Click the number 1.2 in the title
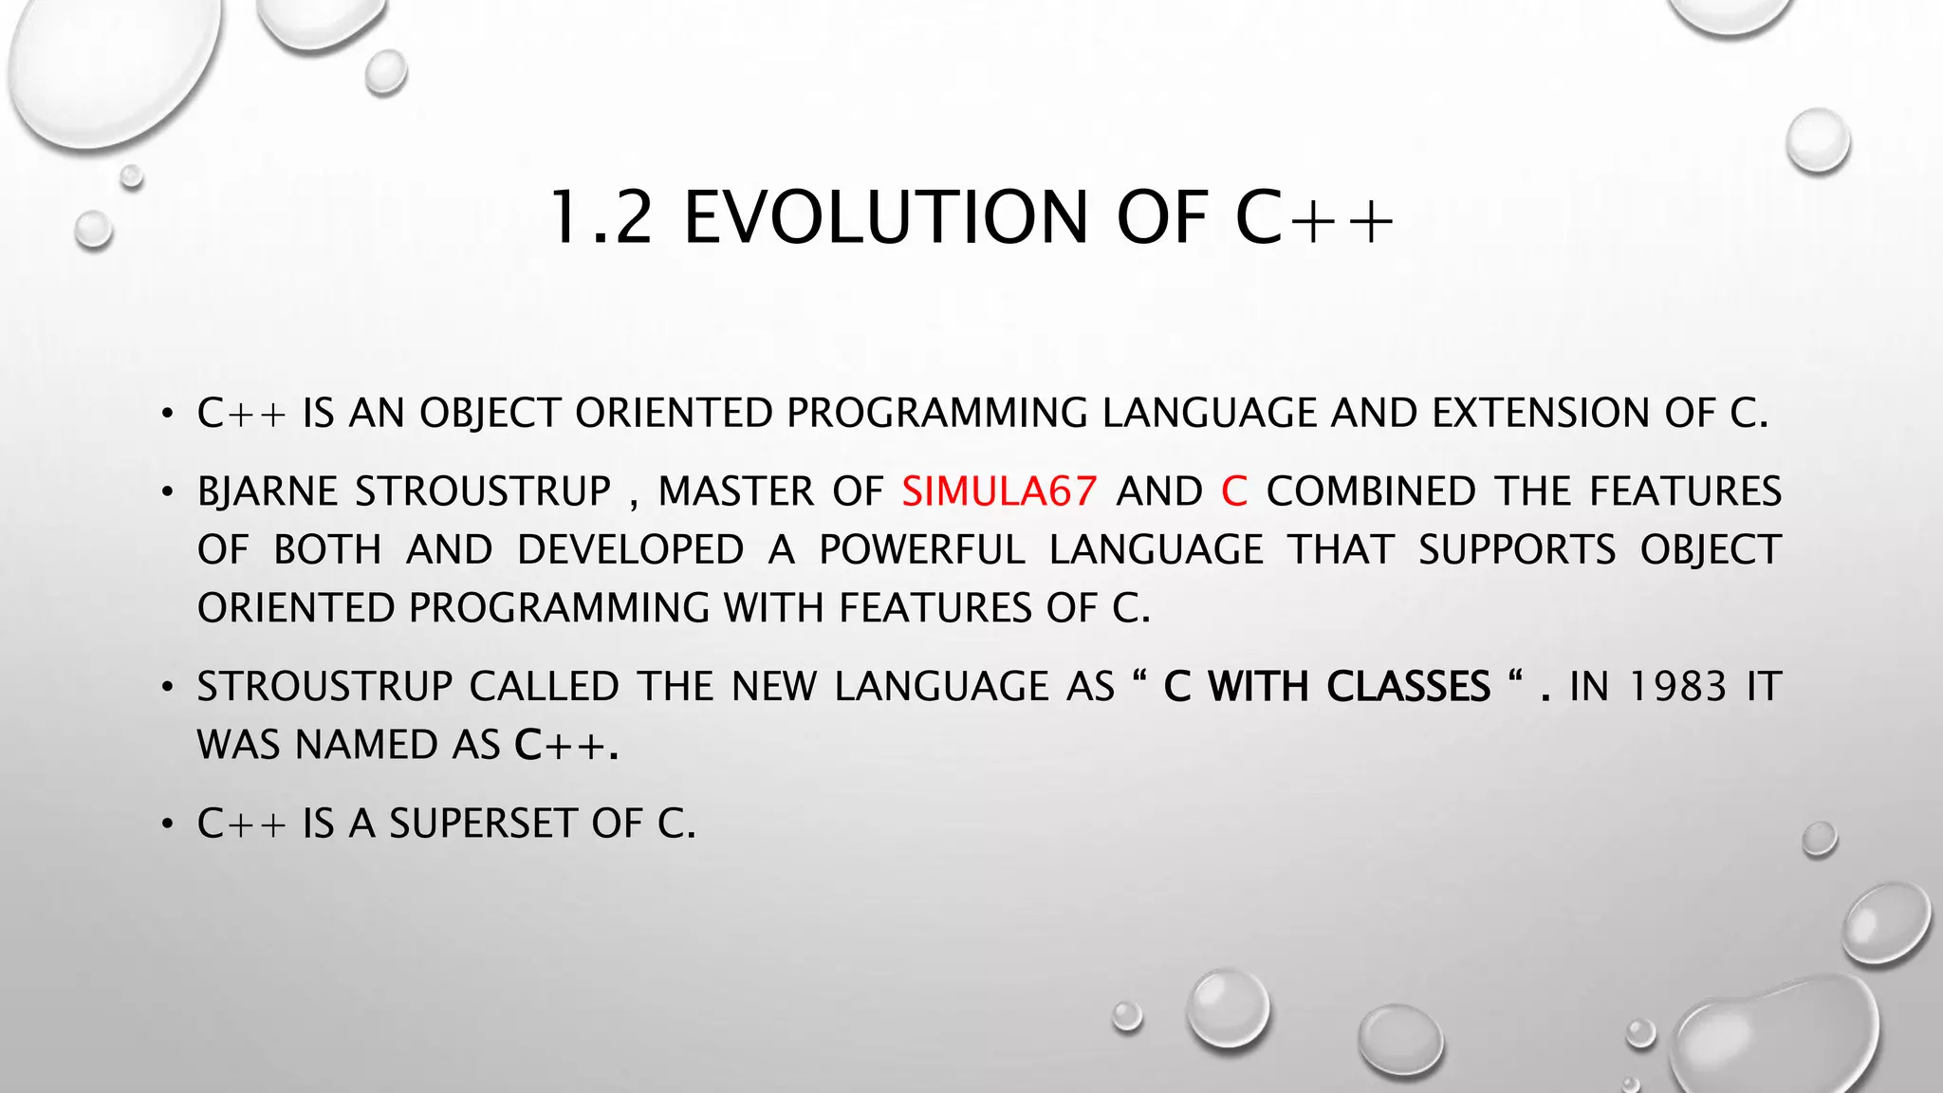pyautogui.click(x=601, y=217)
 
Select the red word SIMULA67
pyautogui.click(x=999, y=491)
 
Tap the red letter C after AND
pyautogui.click(x=1233, y=491)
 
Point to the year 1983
pyautogui.click(x=1676, y=686)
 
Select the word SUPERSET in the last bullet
pyautogui.click(x=482, y=824)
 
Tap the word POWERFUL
pyautogui.click(x=921, y=550)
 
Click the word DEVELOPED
pyautogui.click(x=630, y=550)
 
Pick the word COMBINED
pyautogui.click(x=1370, y=491)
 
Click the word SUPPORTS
pyautogui.click(x=1516, y=550)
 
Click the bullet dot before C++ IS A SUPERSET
pyautogui.click(x=167, y=824)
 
